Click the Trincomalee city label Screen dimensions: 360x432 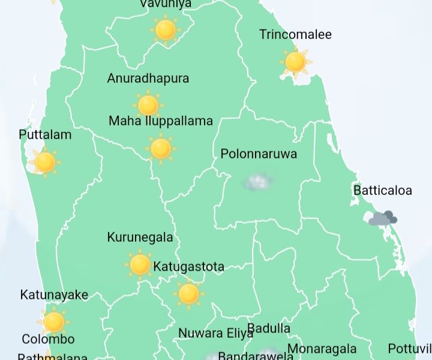[295, 34]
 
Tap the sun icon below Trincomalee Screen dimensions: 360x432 [295, 61]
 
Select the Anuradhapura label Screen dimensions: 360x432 [148, 78]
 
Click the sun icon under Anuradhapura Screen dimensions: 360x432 [148, 105]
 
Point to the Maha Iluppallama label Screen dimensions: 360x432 [161, 121]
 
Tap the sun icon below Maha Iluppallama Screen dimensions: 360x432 [161, 148]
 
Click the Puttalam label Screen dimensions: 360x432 [45, 134]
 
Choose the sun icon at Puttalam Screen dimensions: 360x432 [45, 162]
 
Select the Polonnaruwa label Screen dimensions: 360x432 [259, 154]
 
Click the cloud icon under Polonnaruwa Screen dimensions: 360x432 [259, 181]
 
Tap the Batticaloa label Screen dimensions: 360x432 [383, 191]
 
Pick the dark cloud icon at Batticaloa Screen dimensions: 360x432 [383, 218]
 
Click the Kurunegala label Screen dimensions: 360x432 [140, 237]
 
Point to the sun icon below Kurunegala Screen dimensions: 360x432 [140, 264]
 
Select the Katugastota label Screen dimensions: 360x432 [188, 266]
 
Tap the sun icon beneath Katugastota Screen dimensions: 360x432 [188, 293]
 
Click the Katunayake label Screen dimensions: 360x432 [54, 295]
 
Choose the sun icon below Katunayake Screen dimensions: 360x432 [54, 322]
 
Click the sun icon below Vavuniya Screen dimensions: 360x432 [165, 29]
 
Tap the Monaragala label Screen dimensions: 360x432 [322, 349]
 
